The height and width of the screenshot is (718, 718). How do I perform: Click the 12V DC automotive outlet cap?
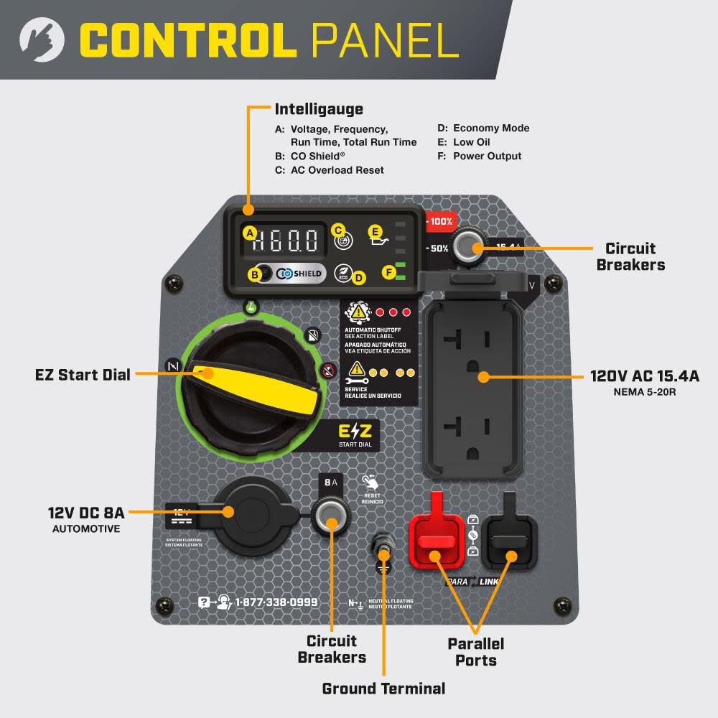[248, 512]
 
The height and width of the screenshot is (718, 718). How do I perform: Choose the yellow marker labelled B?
[253, 274]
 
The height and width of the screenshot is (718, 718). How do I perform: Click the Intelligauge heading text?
[319, 109]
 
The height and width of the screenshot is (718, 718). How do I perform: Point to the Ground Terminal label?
[383, 689]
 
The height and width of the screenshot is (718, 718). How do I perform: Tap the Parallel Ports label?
[476, 651]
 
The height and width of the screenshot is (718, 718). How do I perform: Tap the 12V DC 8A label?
[86, 513]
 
